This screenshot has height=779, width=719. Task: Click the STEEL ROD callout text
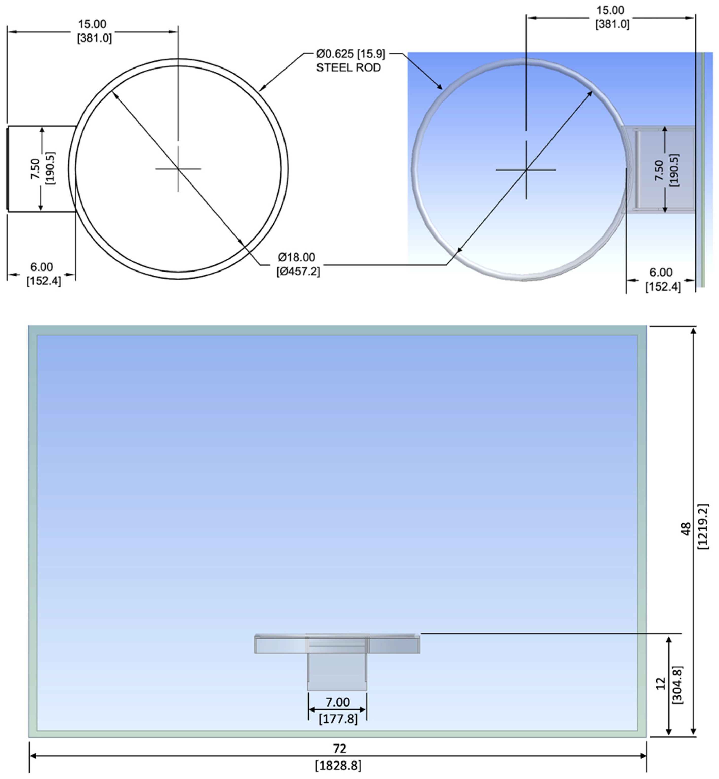tap(348, 68)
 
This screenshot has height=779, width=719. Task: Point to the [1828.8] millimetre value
tap(338, 765)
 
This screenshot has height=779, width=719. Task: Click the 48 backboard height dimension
tap(685, 529)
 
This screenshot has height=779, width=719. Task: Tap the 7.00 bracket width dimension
tap(337, 702)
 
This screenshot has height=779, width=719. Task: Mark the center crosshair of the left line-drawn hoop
tap(178, 169)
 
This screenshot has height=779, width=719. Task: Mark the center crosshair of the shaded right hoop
tap(526, 170)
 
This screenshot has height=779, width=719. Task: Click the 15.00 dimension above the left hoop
tap(92, 24)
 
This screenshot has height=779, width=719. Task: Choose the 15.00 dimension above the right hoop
tap(610, 10)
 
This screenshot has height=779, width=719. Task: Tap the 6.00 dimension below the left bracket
tap(42, 267)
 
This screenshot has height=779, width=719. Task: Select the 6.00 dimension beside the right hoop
tap(661, 272)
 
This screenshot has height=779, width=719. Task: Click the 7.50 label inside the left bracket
tap(35, 168)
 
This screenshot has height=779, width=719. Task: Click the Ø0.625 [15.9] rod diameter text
tap(350, 54)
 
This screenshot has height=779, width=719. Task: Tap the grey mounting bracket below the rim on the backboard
tap(337, 671)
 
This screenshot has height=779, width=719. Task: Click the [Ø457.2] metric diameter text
tap(298, 272)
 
